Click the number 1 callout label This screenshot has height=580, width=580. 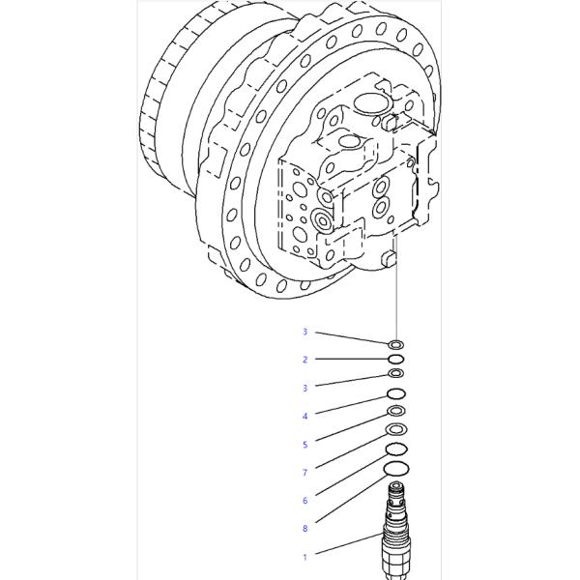click(x=304, y=557)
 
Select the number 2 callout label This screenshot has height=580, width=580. click(x=304, y=360)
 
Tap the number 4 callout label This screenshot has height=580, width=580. click(x=304, y=416)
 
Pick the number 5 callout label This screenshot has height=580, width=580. click(x=304, y=445)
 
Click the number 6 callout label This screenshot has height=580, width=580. click(x=304, y=501)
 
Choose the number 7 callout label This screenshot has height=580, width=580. click(x=304, y=473)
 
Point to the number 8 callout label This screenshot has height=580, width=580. click(x=304, y=529)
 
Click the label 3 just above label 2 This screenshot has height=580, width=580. click(x=304, y=332)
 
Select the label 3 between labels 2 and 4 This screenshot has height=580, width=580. click(x=304, y=388)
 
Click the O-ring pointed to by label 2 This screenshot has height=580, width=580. click(x=396, y=359)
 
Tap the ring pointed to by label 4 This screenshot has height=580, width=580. click(x=396, y=393)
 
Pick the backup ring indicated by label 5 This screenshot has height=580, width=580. click(x=396, y=411)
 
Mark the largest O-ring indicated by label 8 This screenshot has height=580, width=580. click(x=396, y=470)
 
